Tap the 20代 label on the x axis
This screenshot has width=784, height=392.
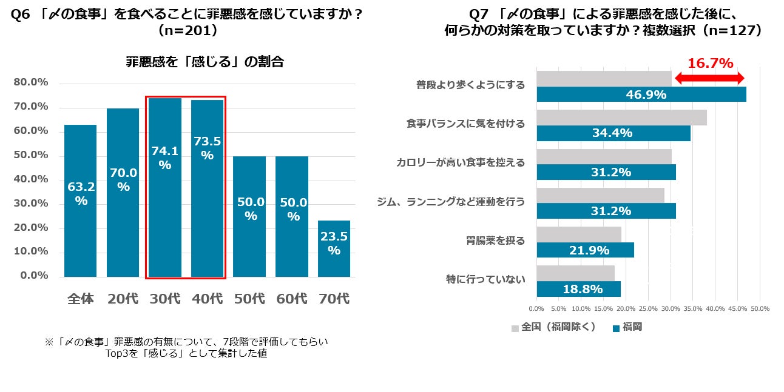click(x=123, y=299)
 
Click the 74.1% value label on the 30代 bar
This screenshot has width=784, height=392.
click(x=165, y=158)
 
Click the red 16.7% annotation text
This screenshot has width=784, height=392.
click(x=710, y=64)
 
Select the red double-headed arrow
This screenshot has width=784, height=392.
click(x=709, y=78)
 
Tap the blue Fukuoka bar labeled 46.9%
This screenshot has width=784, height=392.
click(x=641, y=95)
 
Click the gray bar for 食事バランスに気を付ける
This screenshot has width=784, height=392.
click(x=621, y=118)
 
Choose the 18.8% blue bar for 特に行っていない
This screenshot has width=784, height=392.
click(x=578, y=289)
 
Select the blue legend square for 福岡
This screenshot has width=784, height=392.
click(x=616, y=328)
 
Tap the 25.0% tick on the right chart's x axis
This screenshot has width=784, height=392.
click(x=648, y=309)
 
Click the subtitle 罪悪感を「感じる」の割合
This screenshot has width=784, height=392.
click(x=205, y=62)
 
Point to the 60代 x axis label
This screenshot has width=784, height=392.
click(x=291, y=299)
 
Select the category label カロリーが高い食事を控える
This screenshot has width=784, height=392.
click(x=461, y=162)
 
